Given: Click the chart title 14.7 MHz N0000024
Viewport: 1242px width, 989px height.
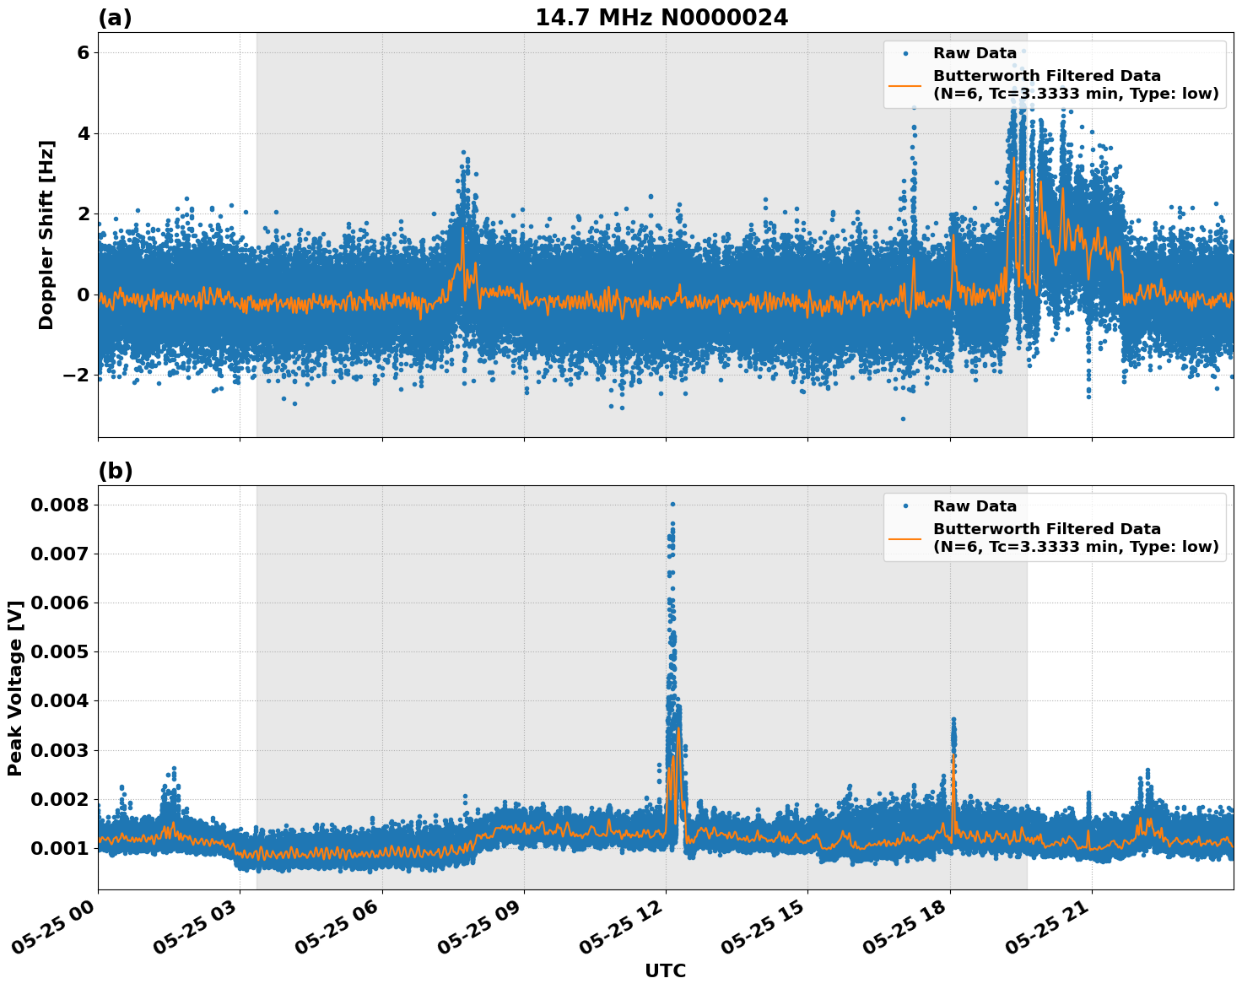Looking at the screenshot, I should click(661, 18).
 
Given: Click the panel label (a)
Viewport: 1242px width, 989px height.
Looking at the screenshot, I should click(115, 18).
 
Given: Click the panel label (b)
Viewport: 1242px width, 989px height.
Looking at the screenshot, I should click(115, 471).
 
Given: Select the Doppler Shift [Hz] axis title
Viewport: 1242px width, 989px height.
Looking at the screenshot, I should click(46, 235).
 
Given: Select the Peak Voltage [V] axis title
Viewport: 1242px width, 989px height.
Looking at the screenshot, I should click(14, 688).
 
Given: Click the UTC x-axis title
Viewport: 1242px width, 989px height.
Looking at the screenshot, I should click(665, 970).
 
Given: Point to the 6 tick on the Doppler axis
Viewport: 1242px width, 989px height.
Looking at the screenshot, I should click(83, 52).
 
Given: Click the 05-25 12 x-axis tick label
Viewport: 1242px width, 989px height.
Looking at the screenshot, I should click(620, 932).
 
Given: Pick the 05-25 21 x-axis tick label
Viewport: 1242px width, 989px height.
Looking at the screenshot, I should click(1046, 932).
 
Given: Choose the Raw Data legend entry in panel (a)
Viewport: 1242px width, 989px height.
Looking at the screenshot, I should click(975, 53).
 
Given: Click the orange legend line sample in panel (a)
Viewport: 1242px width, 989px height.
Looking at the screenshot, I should click(905, 85).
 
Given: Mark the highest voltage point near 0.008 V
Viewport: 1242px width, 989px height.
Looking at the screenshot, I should click(672, 504).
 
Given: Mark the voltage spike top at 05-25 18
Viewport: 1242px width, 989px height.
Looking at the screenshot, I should click(953, 719).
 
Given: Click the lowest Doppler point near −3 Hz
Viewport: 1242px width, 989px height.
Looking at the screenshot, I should click(902, 419).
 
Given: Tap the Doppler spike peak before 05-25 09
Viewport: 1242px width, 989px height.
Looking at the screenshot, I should click(463, 152).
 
